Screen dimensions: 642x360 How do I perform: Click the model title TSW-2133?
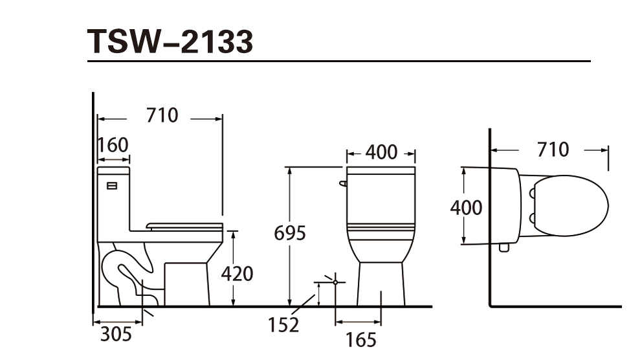click(x=170, y=41)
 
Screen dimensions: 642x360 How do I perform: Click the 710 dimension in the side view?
click(x=162, y=115)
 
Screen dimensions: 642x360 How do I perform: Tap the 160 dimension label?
click(x=113, y=145)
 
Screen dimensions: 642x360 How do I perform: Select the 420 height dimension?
click(x=237, y=274)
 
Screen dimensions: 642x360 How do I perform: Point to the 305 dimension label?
click(x=116, y=334)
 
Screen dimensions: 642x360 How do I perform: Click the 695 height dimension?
click(x=290, y=234)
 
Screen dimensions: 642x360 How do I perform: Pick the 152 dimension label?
click(x=283, y=325)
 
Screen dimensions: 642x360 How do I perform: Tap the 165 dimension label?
click(x=360, y=340)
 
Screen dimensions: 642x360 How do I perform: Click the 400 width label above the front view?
click(x=381, y=152)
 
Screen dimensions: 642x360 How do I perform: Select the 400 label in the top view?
click(x=466, y=208)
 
